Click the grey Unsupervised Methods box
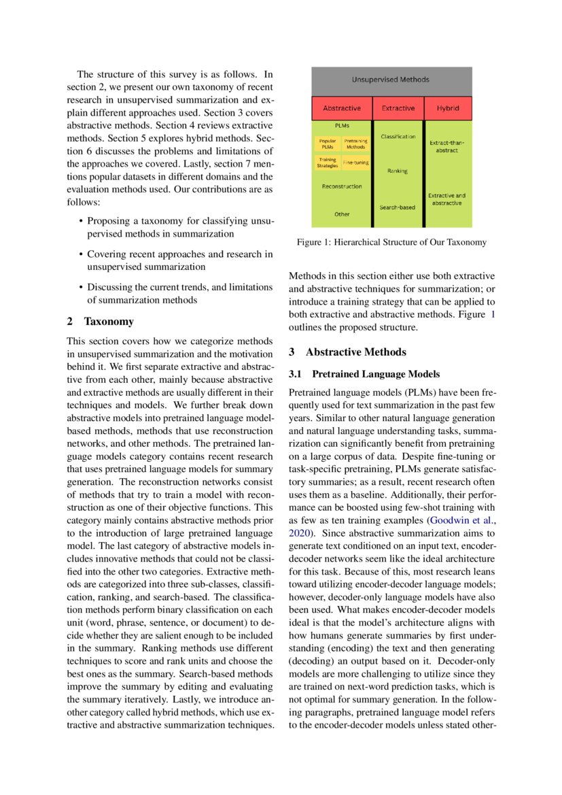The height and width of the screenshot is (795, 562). coord(391,80)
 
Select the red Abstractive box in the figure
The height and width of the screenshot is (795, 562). coord(342,107)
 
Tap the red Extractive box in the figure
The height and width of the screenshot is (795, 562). coord(398,107)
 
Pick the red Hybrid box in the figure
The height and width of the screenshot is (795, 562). coord(448,107)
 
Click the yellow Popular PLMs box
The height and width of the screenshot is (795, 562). coord(328,144)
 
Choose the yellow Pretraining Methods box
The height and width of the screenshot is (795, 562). coord(355,144)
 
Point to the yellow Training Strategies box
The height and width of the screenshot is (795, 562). coord(328,163)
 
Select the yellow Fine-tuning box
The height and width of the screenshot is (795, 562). coord(355,163)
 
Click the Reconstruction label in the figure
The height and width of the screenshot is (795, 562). coord(342,186)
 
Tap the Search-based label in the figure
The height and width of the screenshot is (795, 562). coord(398,207)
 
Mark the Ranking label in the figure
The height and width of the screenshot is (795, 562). coord(398,171)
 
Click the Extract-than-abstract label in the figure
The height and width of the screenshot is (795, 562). coord(446,146)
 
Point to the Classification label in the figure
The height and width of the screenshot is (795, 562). coord(398,137)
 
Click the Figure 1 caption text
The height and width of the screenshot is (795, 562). coord(391,242)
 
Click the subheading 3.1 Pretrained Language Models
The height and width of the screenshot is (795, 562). coord(364,374)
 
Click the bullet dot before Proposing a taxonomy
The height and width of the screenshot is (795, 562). coord(81,222)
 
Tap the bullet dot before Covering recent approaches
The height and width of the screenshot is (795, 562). coord(81,255)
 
